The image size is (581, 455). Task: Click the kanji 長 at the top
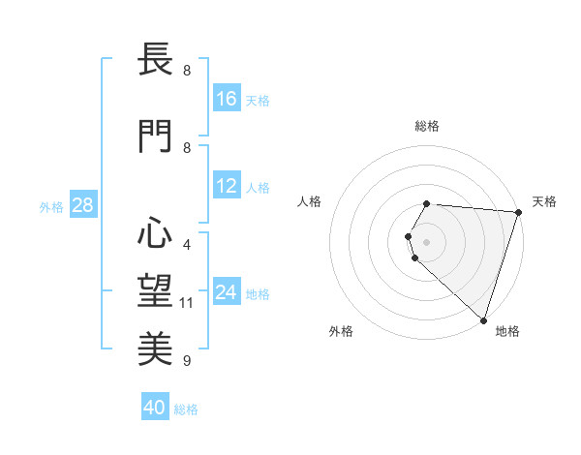(x=155, y=60)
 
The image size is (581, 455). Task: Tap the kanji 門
(x=155, y=137)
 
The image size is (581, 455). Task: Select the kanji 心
(x=155, y=233)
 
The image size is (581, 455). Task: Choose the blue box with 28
(x=82, y=205)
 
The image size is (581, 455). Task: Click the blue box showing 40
(x=155, y=408)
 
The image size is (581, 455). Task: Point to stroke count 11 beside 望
(x=187, y=303)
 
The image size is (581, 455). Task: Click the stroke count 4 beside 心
(x=187, y=244)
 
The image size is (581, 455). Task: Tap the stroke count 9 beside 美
(x=187, y=361)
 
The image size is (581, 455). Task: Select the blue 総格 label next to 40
(x=187, y=409)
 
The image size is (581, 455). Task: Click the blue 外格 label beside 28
(x=51, y=206)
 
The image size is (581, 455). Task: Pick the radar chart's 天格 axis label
(x=544, y=201)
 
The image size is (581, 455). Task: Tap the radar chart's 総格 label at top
(x=427, y=126)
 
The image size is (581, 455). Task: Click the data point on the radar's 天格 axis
(x=519, y=213)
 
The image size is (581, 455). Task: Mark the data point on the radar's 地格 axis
(x=483, y=319)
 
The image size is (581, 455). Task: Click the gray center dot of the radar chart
(x=427, y=241)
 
